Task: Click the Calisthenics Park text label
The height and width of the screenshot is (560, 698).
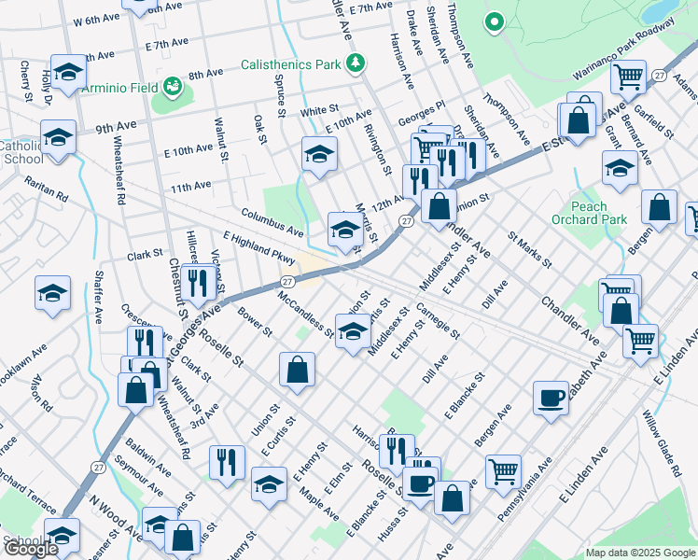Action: pos(290,64)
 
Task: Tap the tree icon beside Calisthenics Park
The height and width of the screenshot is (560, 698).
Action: pos(355,63)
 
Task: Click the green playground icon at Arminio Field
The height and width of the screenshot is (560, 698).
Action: pos(172,88)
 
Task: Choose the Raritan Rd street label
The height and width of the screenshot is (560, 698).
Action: pos(47,188)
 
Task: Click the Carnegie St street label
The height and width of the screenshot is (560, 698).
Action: pos(438,320)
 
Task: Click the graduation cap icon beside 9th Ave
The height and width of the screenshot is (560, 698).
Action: pos(58,136)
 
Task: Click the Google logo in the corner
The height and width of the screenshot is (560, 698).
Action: pos(31,550)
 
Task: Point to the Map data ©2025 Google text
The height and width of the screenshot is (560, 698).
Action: pos(640,553)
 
